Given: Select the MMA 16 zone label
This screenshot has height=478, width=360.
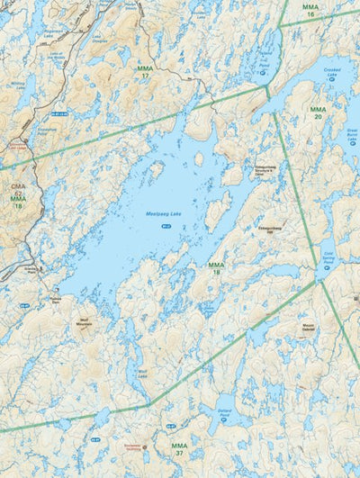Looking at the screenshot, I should pyautogui.click(x=310, y=12).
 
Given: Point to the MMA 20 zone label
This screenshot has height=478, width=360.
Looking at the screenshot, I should pyautogui.click(x=318, y=113).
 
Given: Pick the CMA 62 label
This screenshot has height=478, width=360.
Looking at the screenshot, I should pyautogui.click(x=18, y=189).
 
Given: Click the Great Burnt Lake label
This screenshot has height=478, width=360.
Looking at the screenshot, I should pyautogui.click(x=351, y=136).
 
